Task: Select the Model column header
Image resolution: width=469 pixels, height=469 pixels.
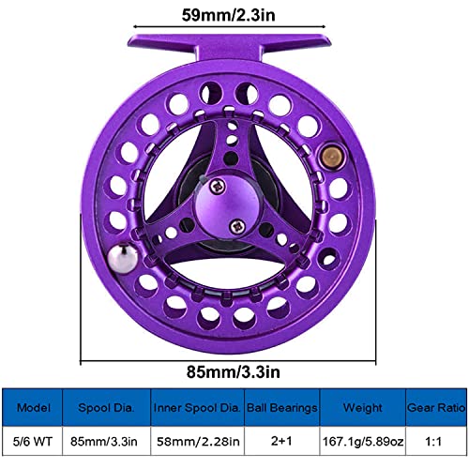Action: click(31, 408)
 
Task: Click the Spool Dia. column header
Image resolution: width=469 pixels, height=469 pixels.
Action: click(105, 408)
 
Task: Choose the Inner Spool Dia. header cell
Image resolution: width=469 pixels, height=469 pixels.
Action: click(195, 408)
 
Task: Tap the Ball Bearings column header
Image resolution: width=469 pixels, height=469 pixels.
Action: click(281, 408)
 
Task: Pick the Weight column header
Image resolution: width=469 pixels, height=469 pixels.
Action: click(361, 408)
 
